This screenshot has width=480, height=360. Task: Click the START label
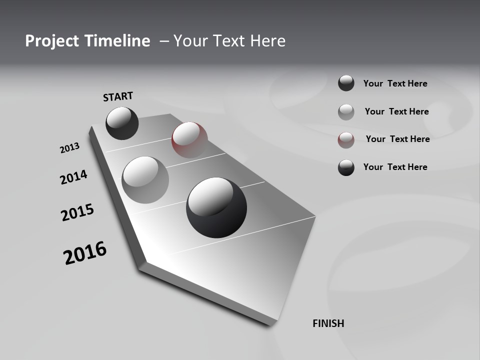click(118, 96)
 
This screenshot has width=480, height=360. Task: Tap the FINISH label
click(328, 323)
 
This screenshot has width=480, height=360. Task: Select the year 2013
click(69, 148)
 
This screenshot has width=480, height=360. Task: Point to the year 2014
click(73, 177)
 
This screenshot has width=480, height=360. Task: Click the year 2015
click(77, 212)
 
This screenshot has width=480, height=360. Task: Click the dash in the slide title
click(164, 41)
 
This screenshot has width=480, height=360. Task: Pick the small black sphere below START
click(122, 123)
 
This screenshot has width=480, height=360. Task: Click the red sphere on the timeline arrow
click(189, 139)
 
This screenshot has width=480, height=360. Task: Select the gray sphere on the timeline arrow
click(145, 179)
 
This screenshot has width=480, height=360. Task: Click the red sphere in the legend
click(346, 140)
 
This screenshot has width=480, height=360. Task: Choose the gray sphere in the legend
click(346, 112)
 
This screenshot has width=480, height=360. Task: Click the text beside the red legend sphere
click(397, 139)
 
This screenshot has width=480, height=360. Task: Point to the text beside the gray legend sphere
click(396, 111)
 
